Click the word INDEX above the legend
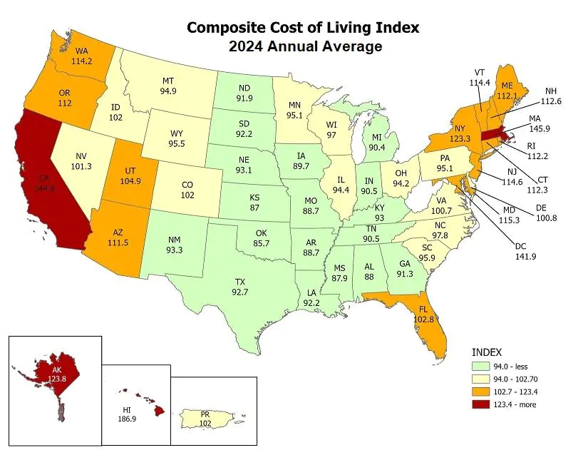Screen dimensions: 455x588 [x=488, y=352]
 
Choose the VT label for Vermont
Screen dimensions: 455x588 [x=481, y=72]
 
